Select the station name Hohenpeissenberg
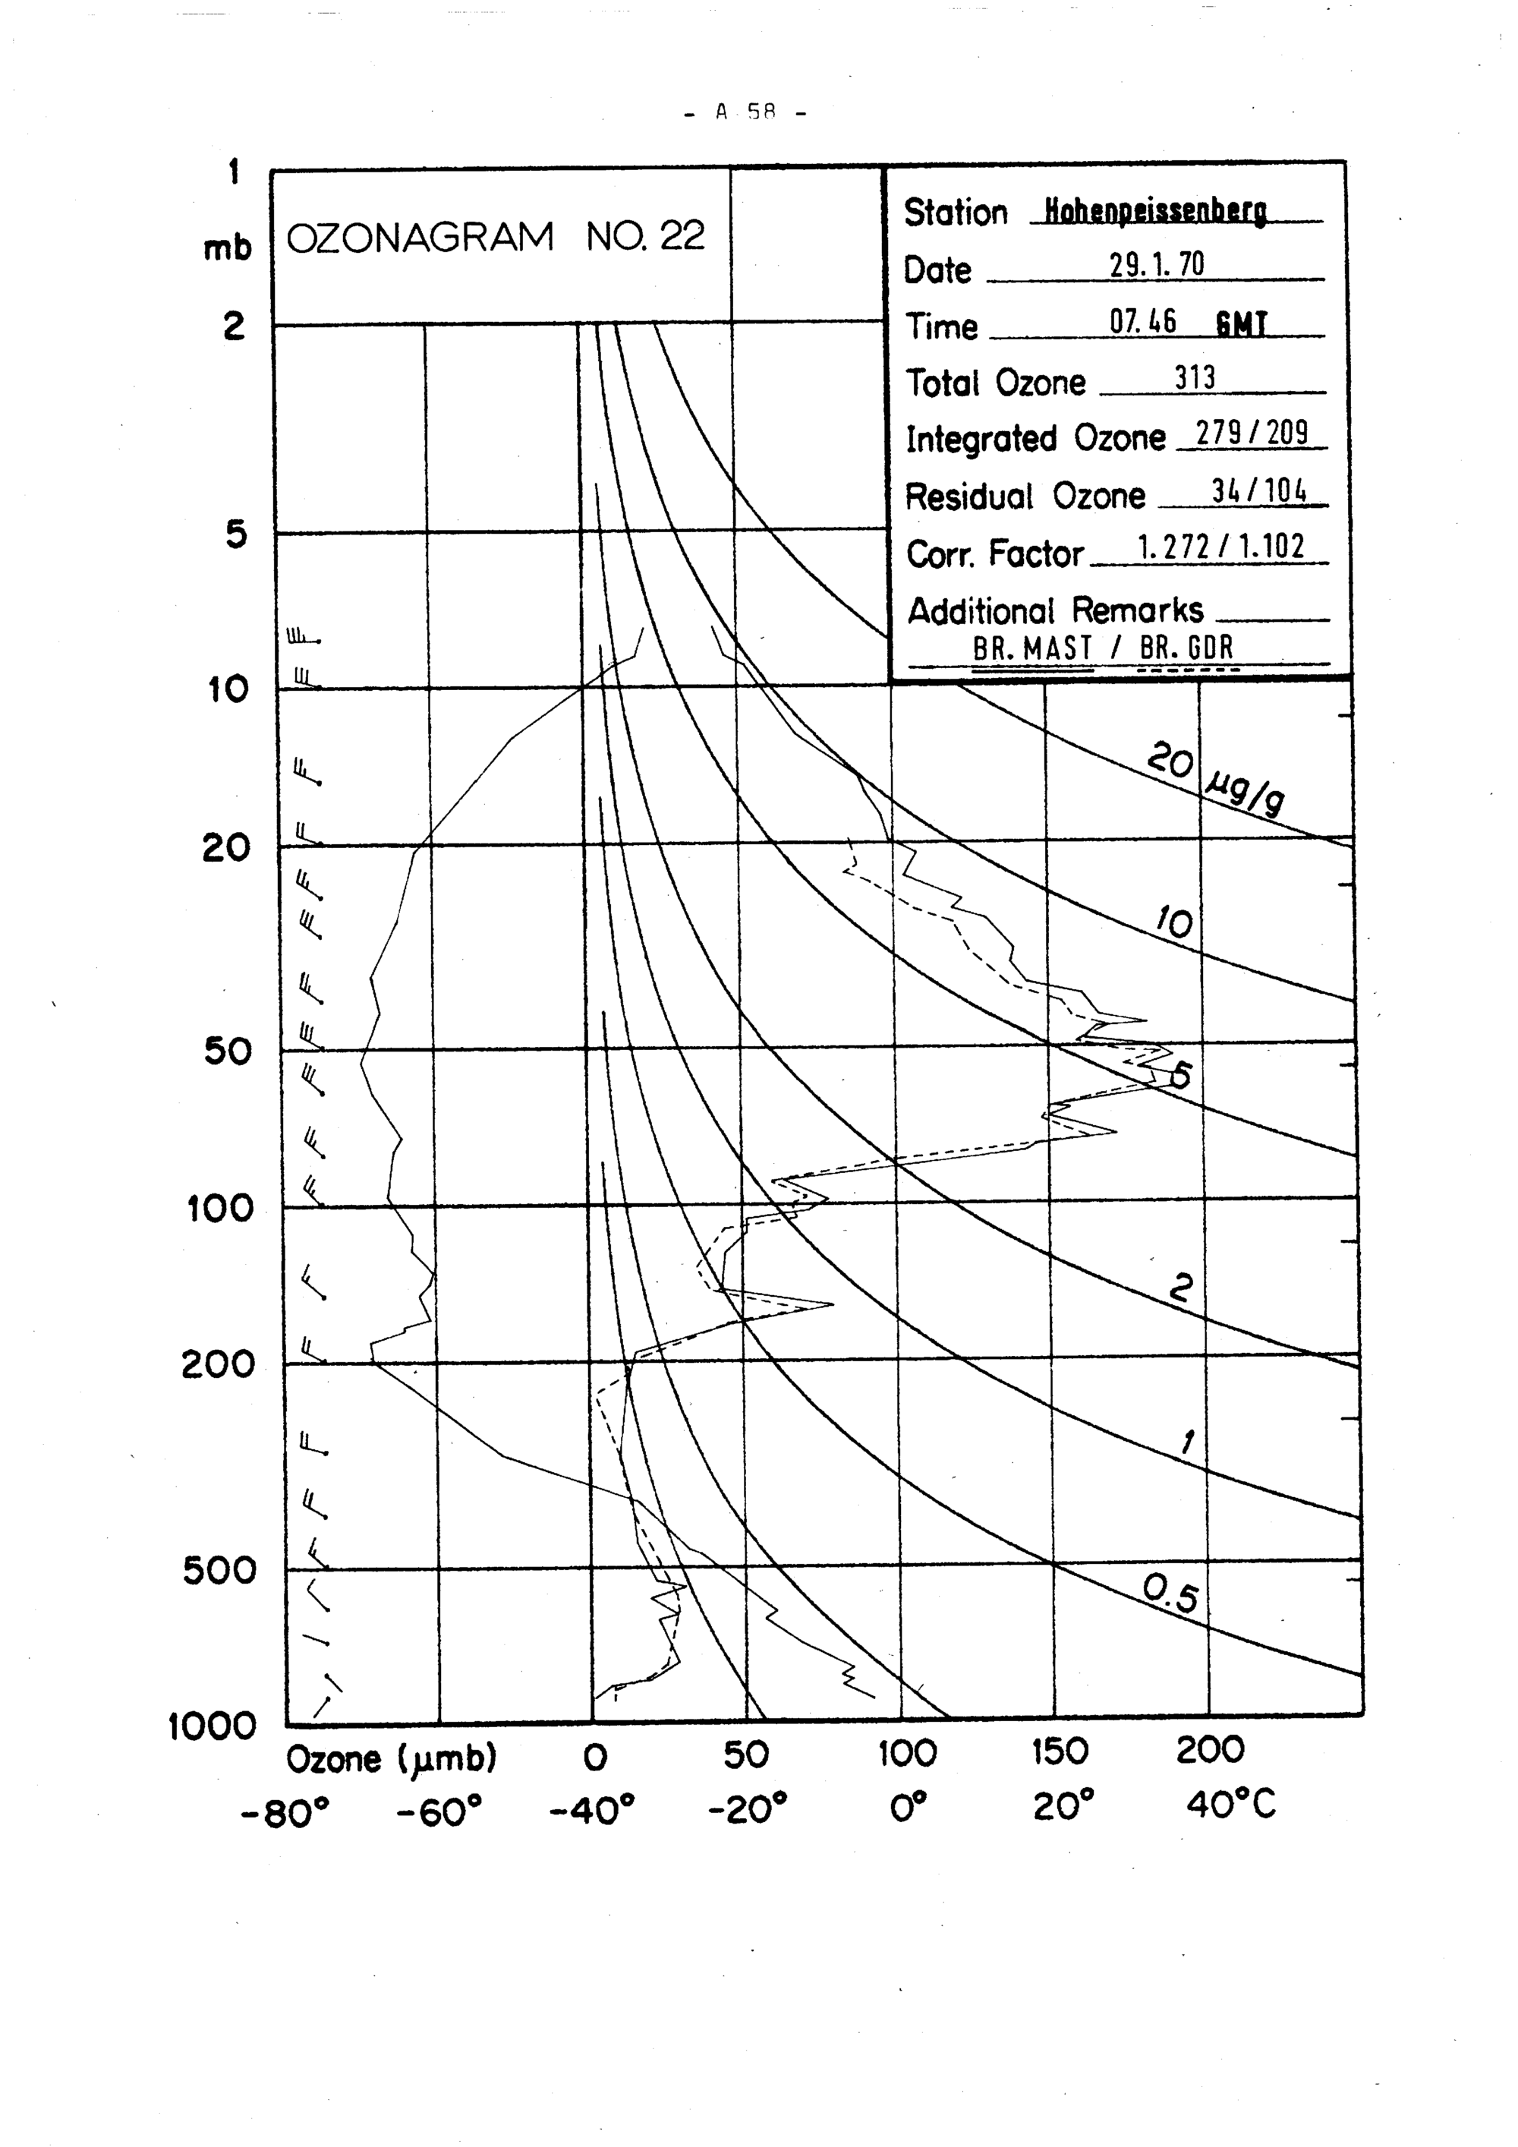1155,213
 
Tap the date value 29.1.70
1157,266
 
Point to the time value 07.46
1142,323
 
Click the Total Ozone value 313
1195,378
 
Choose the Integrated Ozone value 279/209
1252,434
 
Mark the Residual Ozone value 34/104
1259,491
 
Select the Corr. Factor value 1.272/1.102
1220,548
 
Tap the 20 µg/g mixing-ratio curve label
1215,776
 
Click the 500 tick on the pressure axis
219,1570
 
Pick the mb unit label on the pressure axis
228,247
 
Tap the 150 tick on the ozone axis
1060,1752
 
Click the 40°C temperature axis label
1230,1805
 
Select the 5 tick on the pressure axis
237,534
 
